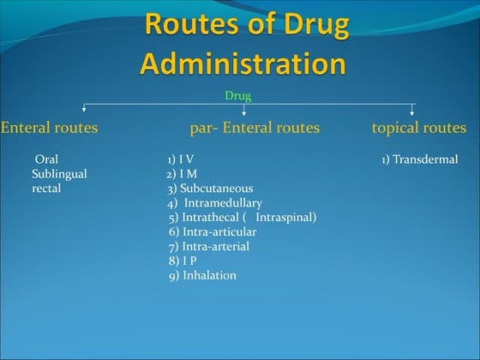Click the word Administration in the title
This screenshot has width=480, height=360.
point(243,63)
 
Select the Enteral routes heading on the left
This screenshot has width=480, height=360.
point(49,128)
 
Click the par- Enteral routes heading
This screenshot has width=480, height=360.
point(255,128)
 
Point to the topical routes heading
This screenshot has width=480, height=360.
point(419,128)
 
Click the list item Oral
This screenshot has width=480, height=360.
point(47,159)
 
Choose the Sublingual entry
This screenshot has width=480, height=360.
point(59,174)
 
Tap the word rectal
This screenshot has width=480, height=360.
point(46,188)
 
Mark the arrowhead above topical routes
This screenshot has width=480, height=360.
point(412,111)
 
